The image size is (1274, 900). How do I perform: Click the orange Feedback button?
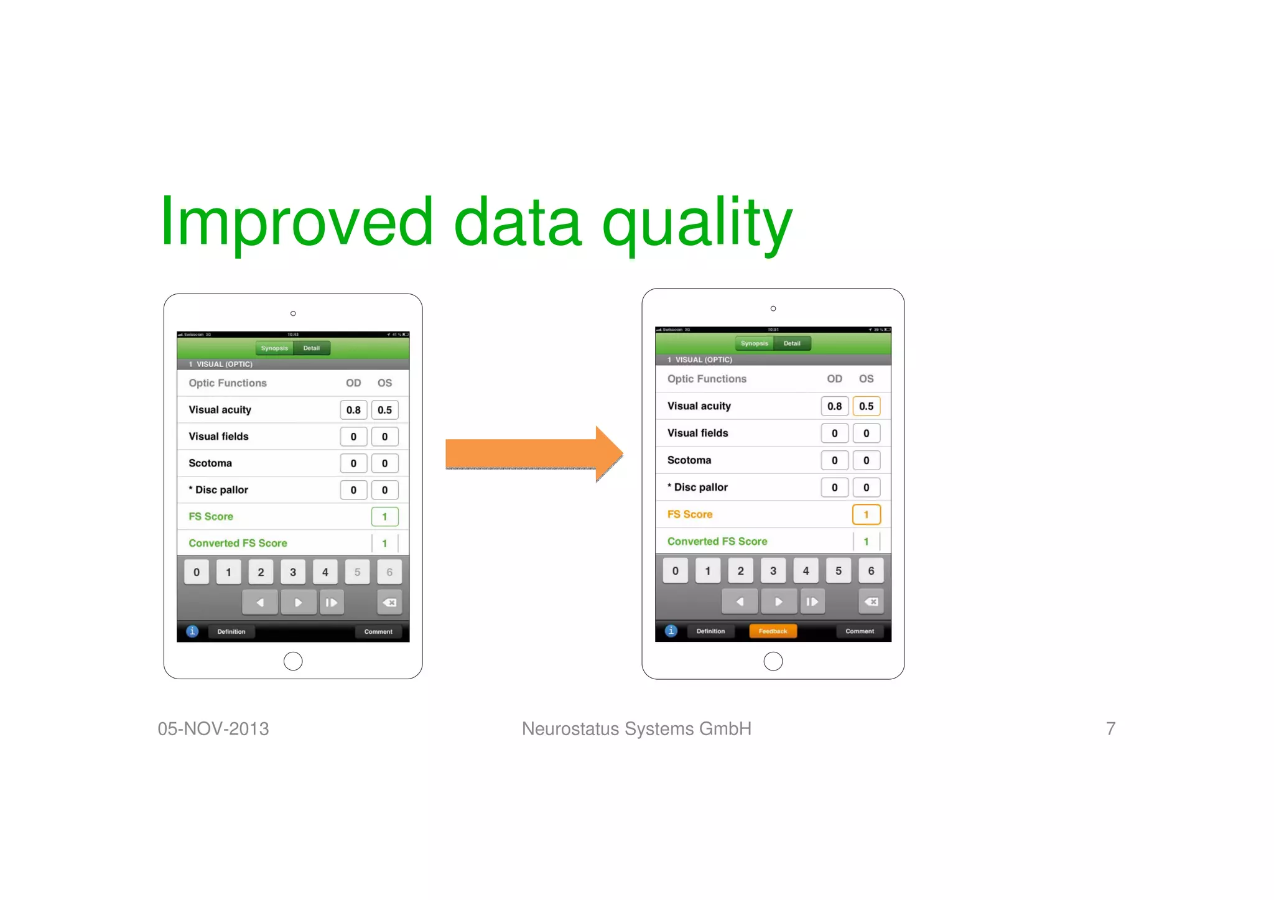(x=773, y=631)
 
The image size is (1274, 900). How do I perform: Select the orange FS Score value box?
(x=866, y=514)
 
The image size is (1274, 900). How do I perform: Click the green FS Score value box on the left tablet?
(x=384, y=516)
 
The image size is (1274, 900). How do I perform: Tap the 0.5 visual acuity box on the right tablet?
(x=866, y=406)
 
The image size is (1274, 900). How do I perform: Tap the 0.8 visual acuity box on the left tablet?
(x=353, y=410)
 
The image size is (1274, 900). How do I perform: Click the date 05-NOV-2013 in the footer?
(x=213, y=728)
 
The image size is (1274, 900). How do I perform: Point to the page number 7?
(x=1110, y=728)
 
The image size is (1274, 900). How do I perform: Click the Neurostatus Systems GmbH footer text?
(x=636, y=728)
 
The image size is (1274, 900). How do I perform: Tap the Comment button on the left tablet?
(x=378, y=631)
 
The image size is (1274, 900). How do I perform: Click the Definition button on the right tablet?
(x=710, y=631)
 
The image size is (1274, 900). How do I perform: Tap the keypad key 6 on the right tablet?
(x=871, y=570)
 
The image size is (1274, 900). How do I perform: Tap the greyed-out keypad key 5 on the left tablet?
(x=357, y=572)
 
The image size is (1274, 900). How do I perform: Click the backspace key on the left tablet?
(x=389, y=602)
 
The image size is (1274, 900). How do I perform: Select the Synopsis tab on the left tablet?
(x=274, y=348)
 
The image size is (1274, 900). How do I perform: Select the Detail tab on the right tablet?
(x=792, y=343)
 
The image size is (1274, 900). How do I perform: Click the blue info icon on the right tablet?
(x=671, y=631)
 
